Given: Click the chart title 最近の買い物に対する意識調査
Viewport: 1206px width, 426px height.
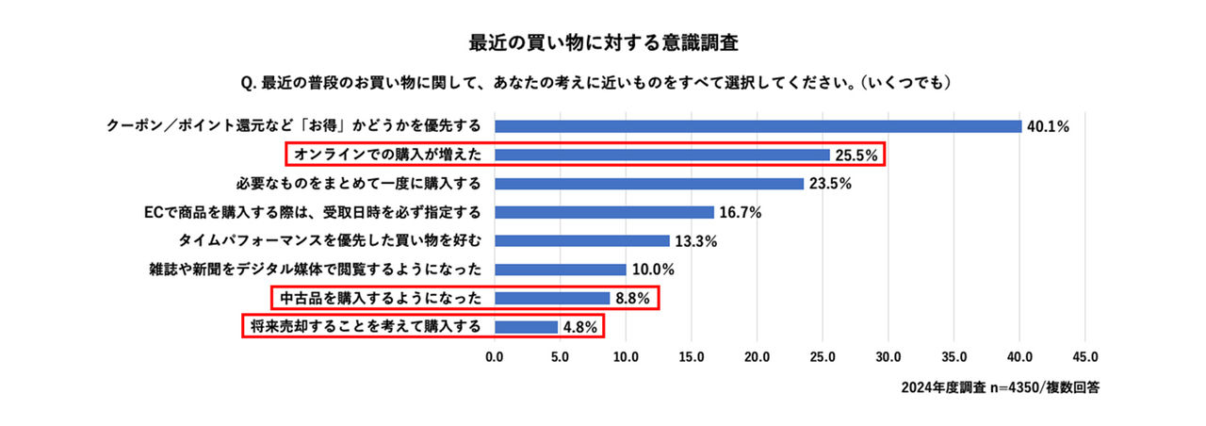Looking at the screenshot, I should [x=602, y=42].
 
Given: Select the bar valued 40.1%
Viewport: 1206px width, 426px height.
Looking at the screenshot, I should [x=758, y=126].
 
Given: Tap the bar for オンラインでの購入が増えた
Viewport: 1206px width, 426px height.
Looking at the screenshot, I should [x=661, y=155].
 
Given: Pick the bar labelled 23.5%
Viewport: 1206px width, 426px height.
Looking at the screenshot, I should [x=648, y=184].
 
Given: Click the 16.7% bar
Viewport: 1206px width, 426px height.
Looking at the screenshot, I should [x=604, y=212].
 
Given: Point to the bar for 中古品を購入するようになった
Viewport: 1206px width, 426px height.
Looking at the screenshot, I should [x=552, y=299].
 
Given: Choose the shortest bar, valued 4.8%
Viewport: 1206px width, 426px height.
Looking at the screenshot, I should [x=526, y=327].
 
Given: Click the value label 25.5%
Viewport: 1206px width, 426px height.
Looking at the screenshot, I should [x=856, y=155].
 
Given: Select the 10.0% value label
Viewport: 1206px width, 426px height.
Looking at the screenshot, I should [x=653, y=270].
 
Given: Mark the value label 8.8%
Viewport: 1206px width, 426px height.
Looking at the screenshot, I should [x=634, y=299].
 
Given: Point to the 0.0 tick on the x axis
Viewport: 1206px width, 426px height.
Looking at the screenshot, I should [x=495, y=357].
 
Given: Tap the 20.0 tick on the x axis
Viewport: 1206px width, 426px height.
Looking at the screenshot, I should [x=757, y=357].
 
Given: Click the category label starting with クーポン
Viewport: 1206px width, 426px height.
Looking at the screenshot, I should [x=294, y=126].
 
